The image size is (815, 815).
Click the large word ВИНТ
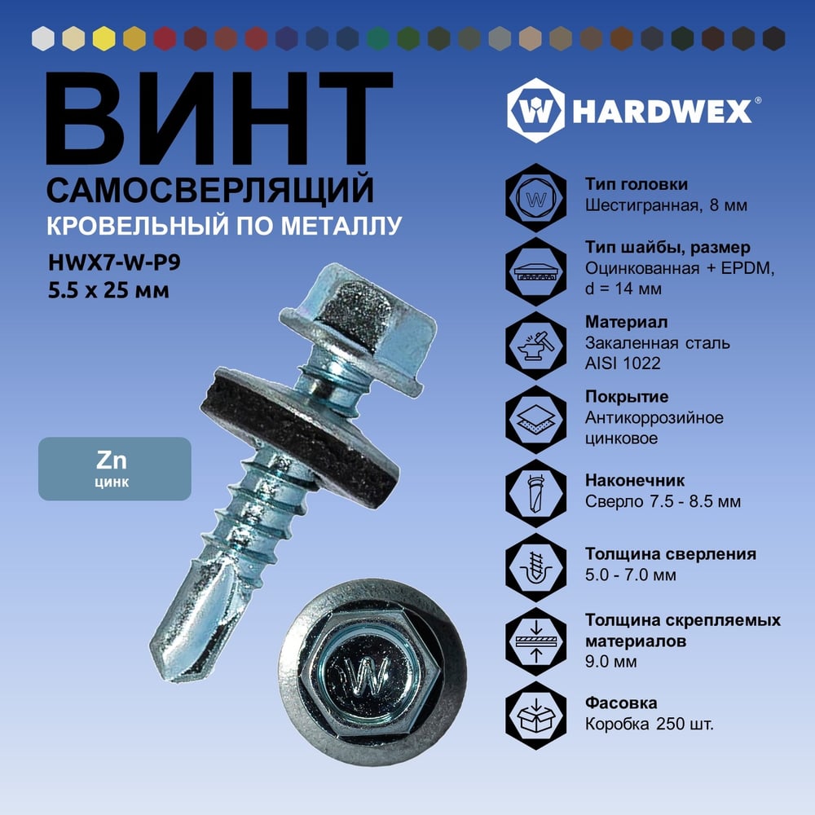[x=218, y=118]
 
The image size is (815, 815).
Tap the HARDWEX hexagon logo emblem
[x=536, y=110]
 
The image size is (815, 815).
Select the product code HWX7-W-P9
[x=114, y=262]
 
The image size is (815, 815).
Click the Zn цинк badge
[x=115, y=469]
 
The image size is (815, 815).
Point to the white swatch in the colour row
[x=43, y=38]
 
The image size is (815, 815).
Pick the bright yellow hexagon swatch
[x=104, y=38]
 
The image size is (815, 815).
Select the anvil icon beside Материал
[x=536, y=345]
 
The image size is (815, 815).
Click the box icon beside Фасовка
[x=536, y=716]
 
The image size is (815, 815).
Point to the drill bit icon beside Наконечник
[x=536, y=493]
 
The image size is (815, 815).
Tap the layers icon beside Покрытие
[x=536, y=420]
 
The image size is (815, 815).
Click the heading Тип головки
[x=637, y=184]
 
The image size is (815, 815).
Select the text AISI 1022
[x=623, y=363]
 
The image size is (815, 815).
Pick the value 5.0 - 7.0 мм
[x=631, y=575]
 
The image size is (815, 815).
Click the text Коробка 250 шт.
[x=650, y=724]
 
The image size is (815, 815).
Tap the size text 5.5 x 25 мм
[x=108, y=290]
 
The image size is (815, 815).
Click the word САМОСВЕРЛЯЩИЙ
[x=210, y=190]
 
